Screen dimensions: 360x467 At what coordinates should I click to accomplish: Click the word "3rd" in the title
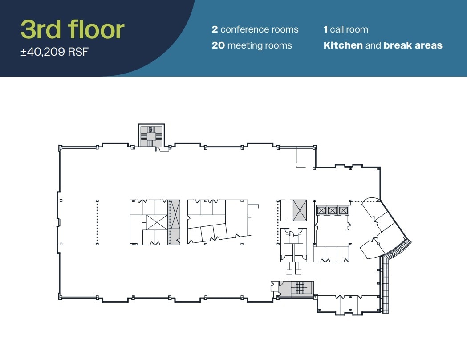(42, 29)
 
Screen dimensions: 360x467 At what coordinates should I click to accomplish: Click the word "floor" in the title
(96, 29)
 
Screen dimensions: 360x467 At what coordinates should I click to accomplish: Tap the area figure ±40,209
(43, 52)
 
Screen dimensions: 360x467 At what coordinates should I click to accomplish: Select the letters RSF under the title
(78, 52)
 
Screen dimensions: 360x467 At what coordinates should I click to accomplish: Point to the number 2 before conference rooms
(215, 30)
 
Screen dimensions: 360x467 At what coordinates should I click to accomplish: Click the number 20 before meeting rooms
(218, 45)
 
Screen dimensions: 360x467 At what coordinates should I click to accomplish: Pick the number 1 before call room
(325, 30)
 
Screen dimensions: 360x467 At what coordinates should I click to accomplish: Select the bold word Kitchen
(343, 45)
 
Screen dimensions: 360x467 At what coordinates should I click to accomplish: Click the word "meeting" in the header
(244, 45)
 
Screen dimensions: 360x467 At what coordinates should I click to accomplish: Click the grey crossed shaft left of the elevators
(300, 210)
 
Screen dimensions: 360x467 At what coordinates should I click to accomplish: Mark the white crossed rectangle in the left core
(156, 222)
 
